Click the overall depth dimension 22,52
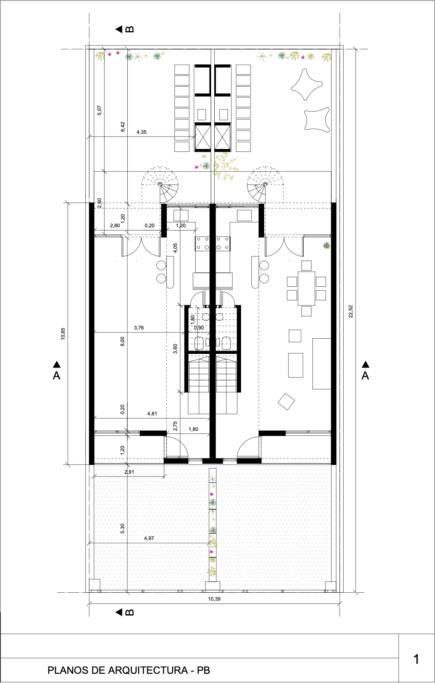[x=351, y=311]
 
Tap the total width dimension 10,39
[x=214, y=599]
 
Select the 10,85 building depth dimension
[x=63, y=334]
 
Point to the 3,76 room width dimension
[x=139, y=328]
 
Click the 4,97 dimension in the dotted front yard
[x=149, y=538]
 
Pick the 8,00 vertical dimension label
[x=123, y=341]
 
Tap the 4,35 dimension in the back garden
[x=141, y=132]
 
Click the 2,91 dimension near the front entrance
[x=129, y=472]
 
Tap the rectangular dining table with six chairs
[x=306, y=288]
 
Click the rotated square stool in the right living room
[x=287, y=401]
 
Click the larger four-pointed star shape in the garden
[x=306, y=84]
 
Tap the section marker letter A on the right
[x=365, y=376]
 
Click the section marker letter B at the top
[x=130, y=29]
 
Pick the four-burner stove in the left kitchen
[x=203, y=243]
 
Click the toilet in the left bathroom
[x=200, y=342]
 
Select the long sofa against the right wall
[x=322, y=363]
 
